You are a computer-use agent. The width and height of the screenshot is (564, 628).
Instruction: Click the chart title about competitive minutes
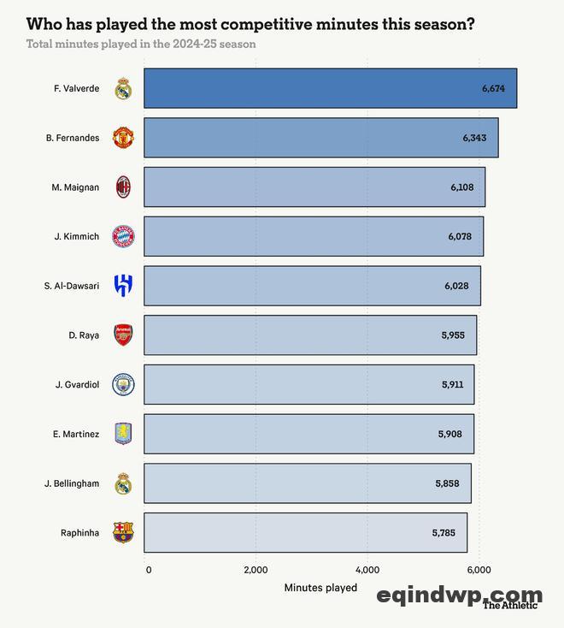click(250, 24)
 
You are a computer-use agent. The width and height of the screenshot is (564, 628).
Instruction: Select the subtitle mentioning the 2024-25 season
click(141, 44)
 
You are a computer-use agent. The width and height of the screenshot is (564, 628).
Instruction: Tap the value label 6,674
click(496, 88)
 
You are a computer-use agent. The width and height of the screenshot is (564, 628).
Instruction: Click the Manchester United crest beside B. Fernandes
click(124, 138)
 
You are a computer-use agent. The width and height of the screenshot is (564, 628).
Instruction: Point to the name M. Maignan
click(75, 187)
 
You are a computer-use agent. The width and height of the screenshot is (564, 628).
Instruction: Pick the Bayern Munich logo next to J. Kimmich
click(124, 237)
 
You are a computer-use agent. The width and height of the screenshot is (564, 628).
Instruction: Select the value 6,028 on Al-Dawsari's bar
click(456, 286)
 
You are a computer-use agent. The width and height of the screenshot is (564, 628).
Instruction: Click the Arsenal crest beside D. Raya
click(124, 335)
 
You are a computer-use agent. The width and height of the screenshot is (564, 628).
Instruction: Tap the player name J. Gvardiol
click(77, 385)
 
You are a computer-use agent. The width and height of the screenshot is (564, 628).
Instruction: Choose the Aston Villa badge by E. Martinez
click(124, 435)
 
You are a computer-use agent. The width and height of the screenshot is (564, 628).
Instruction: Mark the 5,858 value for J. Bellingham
click(447, 483)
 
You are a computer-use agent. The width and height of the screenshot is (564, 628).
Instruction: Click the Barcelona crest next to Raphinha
click(124, 533)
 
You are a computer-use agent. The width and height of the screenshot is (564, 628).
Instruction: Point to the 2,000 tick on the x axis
click(256, 570)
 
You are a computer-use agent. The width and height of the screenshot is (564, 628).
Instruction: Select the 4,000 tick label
click(367, 570)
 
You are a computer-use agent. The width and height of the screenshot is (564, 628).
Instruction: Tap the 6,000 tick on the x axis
click(479, 570)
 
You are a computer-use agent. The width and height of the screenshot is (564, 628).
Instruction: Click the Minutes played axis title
click(320, 588)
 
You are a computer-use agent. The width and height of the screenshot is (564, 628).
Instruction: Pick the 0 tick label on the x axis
click(149, 570)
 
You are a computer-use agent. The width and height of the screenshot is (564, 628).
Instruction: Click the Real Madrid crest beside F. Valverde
click(124, 88)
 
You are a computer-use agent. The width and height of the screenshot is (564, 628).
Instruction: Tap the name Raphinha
click(79, 533)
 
